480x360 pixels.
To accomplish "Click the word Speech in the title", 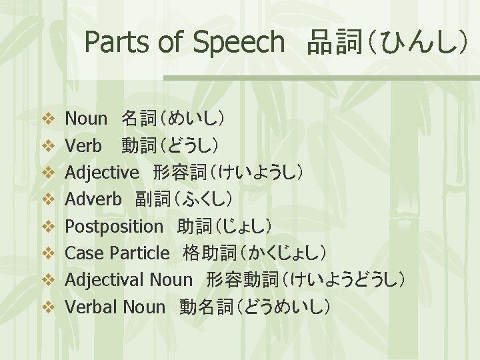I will point(239,43).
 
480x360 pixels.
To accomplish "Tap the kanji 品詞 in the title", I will point(333,43).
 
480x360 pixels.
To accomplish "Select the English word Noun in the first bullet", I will point(86,119).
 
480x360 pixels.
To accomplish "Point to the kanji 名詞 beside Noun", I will point(139,119).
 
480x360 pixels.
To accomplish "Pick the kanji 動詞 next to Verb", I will point(139,146).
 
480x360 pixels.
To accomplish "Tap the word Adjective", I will point(102,173).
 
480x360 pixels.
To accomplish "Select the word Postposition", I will point(114,226).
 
